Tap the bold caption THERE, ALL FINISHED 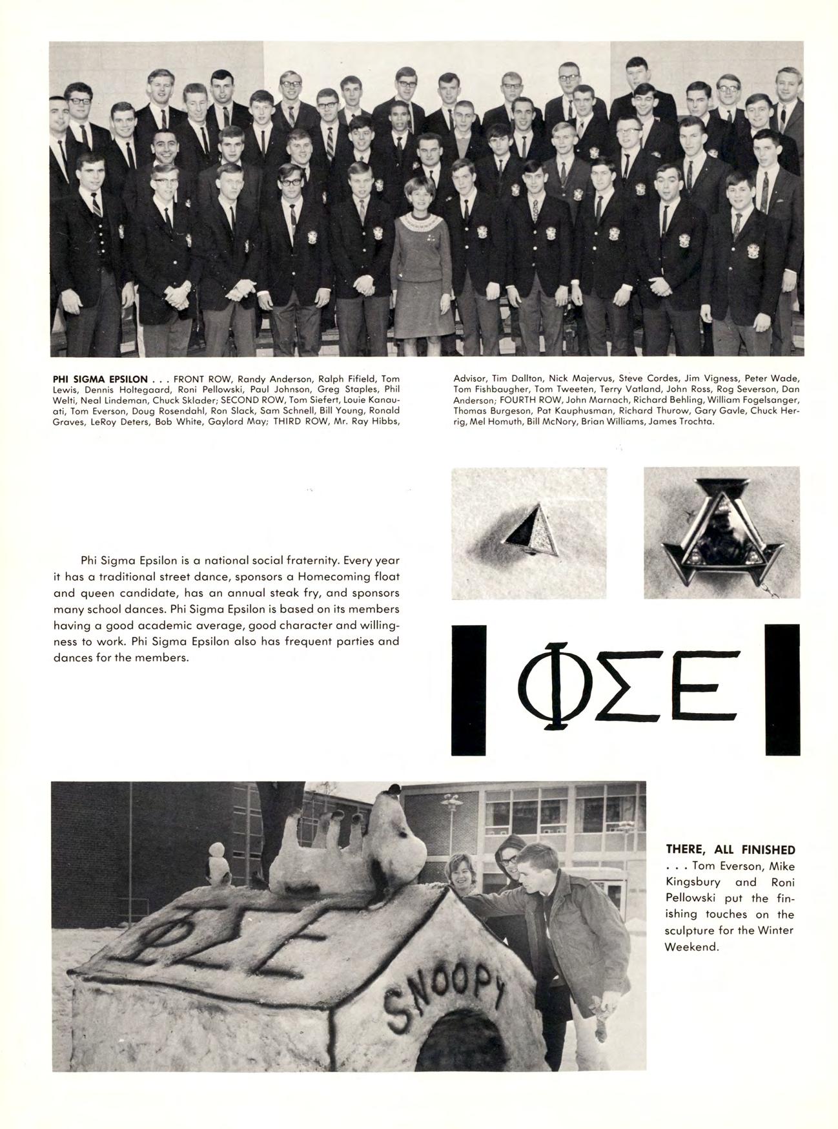[730, 849]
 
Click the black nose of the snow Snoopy [393, 789]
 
